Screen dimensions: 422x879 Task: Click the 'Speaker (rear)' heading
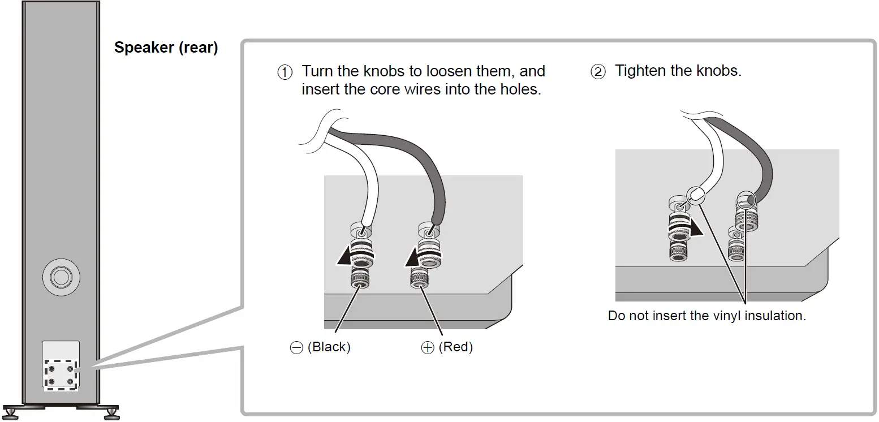(x=166, y=48)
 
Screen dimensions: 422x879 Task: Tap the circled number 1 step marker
(x=285, y=72)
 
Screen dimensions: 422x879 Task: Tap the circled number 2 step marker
(x=598, y=72)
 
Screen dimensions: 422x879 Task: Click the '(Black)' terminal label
(x=329, y=347)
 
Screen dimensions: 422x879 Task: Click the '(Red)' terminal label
(x=455, y=347)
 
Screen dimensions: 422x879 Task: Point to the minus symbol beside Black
(x=296, y=348)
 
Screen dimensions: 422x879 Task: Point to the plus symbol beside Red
(x=428, y=348)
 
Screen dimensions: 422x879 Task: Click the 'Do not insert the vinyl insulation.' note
(x=706, y=316)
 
